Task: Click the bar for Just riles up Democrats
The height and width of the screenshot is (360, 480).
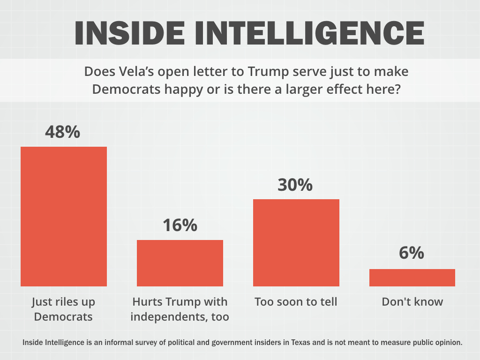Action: coord(64,217)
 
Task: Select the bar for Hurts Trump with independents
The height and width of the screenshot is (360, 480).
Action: coord(180,263)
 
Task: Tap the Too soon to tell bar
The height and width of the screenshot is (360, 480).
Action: coord(296,243)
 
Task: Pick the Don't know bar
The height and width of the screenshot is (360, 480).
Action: coord(412,277)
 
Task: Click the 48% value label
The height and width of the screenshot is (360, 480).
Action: coord(62,132)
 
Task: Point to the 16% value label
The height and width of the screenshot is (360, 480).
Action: coord(180,225)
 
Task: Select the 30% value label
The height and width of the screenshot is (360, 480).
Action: coord(295,185)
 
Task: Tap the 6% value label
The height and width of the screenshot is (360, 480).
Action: coord(412,253)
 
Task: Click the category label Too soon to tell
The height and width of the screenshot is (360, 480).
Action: coord(296,301)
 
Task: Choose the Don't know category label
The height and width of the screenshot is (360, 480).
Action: coord(412,301)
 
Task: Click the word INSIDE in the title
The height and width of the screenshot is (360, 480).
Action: coord(129,33)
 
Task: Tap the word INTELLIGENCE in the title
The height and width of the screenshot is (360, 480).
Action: coord(309,33)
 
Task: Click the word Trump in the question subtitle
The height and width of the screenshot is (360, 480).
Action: coord(268,72)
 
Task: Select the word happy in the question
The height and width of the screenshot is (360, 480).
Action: coord(184,90)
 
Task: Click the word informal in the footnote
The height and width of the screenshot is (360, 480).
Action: coord(118,342)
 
